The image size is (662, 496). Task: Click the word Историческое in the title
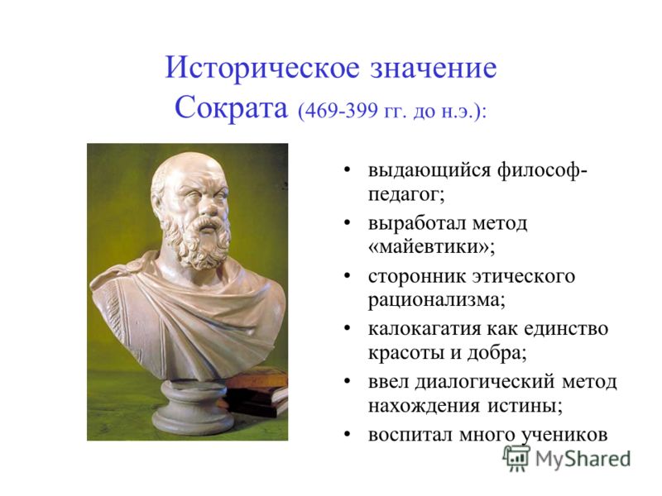click(x=262, y=68)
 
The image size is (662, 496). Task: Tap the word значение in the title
click(x=434, y=69)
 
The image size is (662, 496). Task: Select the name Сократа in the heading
click(x=231, y=107)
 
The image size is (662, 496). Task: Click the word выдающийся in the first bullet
click(x=429, y=171)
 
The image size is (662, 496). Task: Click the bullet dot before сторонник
click(x=348, y=276)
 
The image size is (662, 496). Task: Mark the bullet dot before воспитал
click(x=348, y=434)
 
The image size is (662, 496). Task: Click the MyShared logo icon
click(x=516, y=458)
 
